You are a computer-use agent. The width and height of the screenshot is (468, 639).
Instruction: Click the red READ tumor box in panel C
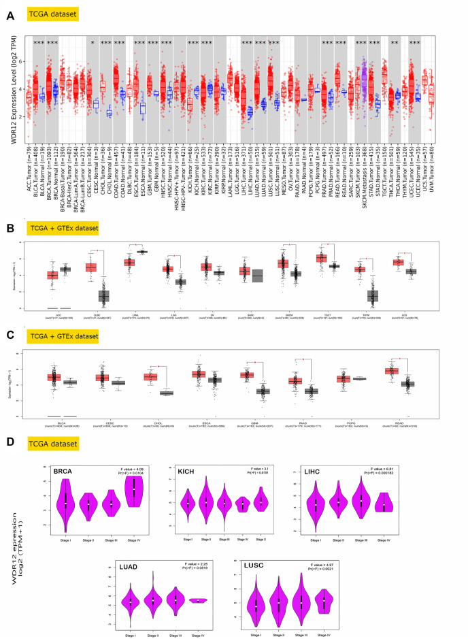[391, 371]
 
